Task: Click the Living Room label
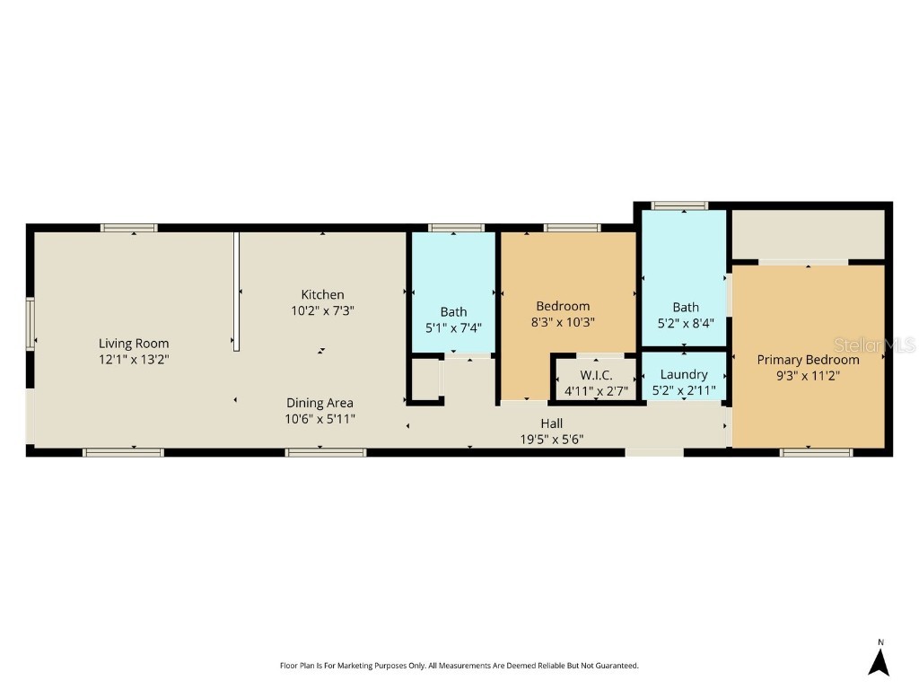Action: click(134, 343)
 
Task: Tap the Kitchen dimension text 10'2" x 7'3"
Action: click(322, 310)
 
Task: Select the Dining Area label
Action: click(319, 403)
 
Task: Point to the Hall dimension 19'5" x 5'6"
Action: click(551, 439)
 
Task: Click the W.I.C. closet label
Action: click(595, 375)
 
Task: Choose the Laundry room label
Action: click(684, 374)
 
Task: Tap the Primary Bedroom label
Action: click(808, 360)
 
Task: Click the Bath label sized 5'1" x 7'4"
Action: click(453, 312)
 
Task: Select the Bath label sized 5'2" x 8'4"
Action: click(686, 307)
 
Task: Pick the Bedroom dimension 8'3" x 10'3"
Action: click(563, 322)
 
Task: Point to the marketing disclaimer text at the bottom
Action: click(459, 666)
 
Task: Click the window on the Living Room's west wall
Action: click(30, 324)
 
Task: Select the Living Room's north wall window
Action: click(129, 228)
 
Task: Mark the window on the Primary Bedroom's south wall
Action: click(816, 452)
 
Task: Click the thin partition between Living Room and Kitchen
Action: click(236, 292)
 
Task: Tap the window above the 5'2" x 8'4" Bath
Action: click(679, 205)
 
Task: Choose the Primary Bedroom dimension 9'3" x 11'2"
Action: click(808, 376)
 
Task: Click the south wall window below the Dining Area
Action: click(326, 452)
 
